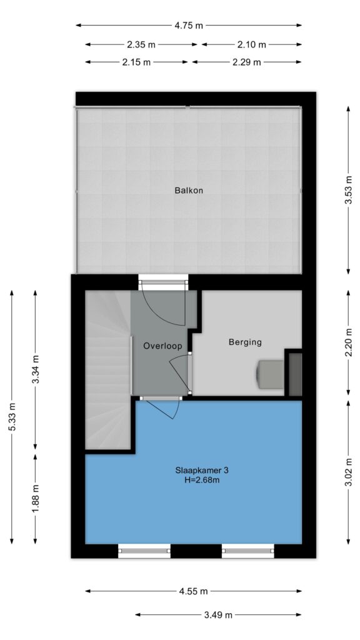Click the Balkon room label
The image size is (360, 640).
pyautogui.click(x=189, y=190)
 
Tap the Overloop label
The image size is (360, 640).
pyautogui.click(x=162, y=346)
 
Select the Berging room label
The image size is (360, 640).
pyautogui.click(x=245, y=342)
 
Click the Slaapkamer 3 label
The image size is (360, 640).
pyautogui.click(x=202, y=470)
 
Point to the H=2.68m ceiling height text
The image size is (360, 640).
pyautogui.click(x=202, y=480)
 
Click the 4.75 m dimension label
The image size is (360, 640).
pyautogui.click(x=189, y=25)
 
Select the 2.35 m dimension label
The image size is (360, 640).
pyautogui.click(x=141, y=44)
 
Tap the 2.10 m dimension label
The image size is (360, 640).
pyautogui.click(x=251, y=44)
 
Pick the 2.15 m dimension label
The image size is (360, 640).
pyautogui.click(x=136, y=62)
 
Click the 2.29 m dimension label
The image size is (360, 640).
pyautogui.click(x=246, y=62)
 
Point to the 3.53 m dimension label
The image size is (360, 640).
pyautogui.click(x=348, y=190)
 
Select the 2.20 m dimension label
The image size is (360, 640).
pyautogui.click(x=348, y=342)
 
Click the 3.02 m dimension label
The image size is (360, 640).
pyautogui.click(x=348, y=472)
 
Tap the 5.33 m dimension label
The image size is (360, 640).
pyautogui.click(x=12, y=417)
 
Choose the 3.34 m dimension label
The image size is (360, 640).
pyautogui.click(x=35, y=369)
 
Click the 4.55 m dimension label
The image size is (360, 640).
pyautogui.click(x=194, y=591)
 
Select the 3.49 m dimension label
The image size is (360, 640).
pyautogui.click(x=218, y=615)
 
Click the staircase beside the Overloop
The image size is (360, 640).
pyautogui.click(x=107, y=369)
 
